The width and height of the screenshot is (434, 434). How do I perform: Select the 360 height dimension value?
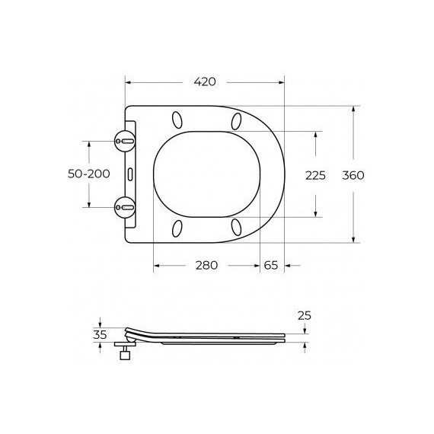pyautogui.click(x=353, y=175)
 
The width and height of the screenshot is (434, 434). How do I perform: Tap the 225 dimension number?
pyautogui.click(x=314, y=175)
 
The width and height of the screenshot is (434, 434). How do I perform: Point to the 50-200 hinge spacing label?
pyautogui.click(x=89, y=174)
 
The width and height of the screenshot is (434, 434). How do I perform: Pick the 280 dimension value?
pyautogui.click(x=206, y=265)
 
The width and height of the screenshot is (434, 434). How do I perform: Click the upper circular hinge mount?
pyautogui.click(x=126, y=142)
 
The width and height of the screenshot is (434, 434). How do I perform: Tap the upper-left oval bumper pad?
pyautogui.click(x=178, y=120)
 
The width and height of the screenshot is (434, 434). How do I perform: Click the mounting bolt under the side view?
pyautogui.click(x=124, y=355)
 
